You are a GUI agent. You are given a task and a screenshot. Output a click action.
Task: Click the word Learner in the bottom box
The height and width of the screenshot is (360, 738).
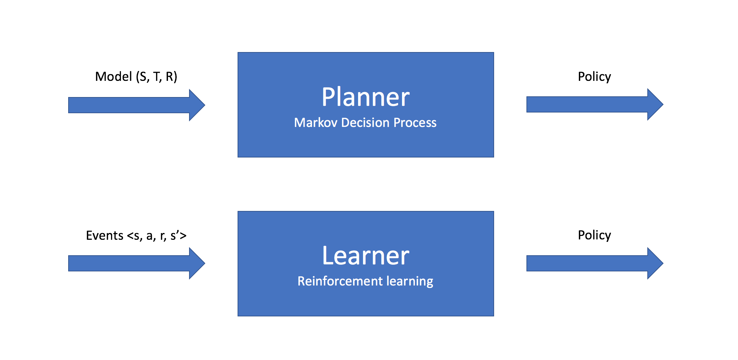coord(365,256)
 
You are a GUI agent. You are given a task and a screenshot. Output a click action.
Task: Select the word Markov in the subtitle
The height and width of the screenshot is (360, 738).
coord(316,122)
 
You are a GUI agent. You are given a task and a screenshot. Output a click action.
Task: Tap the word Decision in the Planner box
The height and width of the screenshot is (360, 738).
coord(365,122)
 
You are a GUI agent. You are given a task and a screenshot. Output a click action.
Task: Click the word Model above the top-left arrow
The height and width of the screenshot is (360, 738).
coord(114,76)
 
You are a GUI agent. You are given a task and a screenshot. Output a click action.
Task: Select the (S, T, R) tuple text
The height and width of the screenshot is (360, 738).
coord(156,77)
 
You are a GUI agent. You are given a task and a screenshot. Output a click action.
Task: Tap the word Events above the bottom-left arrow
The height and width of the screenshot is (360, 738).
coord(104,235)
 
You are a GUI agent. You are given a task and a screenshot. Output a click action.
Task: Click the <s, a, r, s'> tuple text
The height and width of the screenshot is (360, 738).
coord(156,235)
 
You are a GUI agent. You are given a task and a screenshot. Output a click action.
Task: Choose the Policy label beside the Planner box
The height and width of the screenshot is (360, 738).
coord(594,76)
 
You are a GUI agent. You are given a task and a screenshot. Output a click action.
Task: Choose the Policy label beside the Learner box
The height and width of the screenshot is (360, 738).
coord(594,235)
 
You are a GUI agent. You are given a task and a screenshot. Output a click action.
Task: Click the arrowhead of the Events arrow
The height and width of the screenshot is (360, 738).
coord(197,263)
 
